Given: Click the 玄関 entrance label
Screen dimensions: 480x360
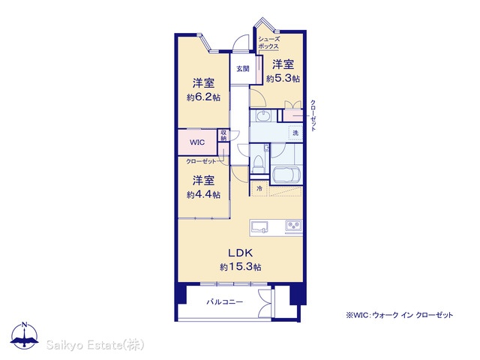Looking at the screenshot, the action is (243, 69).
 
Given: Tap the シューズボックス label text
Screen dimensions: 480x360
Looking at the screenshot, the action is (268, 43).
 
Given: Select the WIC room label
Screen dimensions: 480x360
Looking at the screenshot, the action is (197, 142).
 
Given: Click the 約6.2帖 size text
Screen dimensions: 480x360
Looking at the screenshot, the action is (203, 97).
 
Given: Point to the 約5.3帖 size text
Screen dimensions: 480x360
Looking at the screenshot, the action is (283, 79).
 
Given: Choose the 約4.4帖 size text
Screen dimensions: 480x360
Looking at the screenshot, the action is (203, 195).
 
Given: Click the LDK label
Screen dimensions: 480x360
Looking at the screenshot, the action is (240, 253).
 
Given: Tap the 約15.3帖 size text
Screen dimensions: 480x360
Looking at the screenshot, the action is (240, 267).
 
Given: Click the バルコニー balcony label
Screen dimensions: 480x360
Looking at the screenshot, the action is (225, 302).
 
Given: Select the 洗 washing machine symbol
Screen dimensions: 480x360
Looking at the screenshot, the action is (295, 133).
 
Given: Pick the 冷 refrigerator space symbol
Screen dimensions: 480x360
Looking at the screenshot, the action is (259, 188).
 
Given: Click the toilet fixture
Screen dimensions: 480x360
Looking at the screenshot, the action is (259, 163).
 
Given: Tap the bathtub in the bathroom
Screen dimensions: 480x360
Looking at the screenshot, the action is (286, 175).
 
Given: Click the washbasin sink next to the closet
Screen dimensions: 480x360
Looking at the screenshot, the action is (263, 116).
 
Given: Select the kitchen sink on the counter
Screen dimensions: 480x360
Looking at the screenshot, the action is (259, 227).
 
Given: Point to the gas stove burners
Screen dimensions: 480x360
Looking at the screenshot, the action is (293, 226).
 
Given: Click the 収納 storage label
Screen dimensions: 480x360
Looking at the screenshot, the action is (223, 136).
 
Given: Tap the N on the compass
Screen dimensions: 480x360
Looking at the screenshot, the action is (25, 325).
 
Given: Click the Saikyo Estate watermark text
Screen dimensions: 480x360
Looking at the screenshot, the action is (95, 345).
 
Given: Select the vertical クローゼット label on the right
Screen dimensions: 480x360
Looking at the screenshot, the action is (313, 115).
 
